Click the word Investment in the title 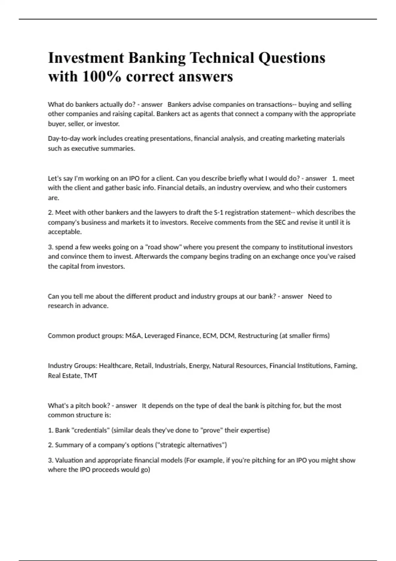point(86,58)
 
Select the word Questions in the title point(292,58)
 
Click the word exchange point(285,256)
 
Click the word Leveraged point(159,336)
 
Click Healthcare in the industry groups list point(115,366)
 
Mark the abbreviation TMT point(90,376)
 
